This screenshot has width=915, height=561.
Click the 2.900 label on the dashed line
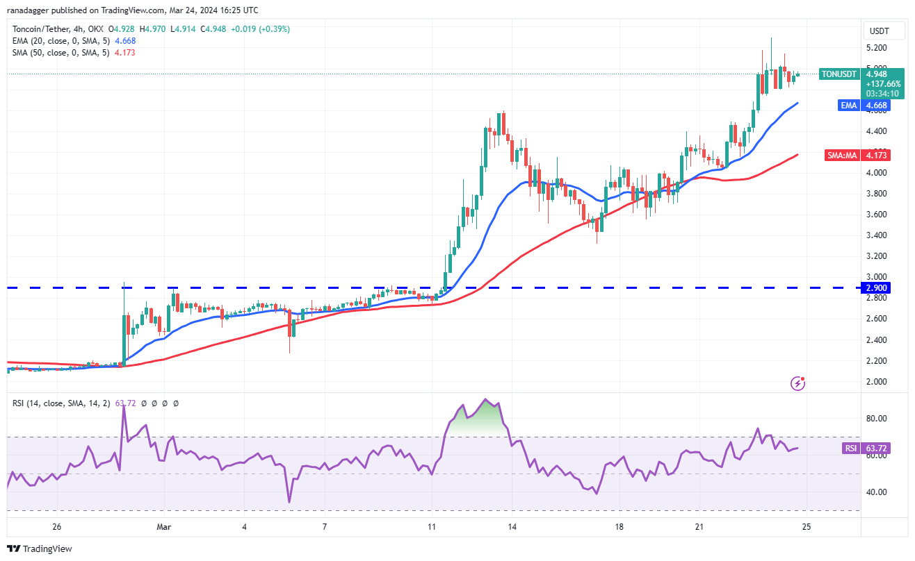[x=875, y=287]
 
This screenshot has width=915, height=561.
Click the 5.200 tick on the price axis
[x=875, y=48]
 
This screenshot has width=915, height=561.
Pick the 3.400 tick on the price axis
[x=875, y=235]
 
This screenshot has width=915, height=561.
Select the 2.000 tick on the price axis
[x=875, y=382]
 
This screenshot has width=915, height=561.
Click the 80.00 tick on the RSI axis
[x=875, y=419]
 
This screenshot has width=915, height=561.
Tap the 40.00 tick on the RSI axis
[x=875, y=492]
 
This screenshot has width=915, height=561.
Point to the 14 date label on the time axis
[x=512, y=527]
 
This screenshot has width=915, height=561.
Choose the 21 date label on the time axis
[x=699, y=527]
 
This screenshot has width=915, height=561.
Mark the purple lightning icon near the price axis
[x=799, y=383]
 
